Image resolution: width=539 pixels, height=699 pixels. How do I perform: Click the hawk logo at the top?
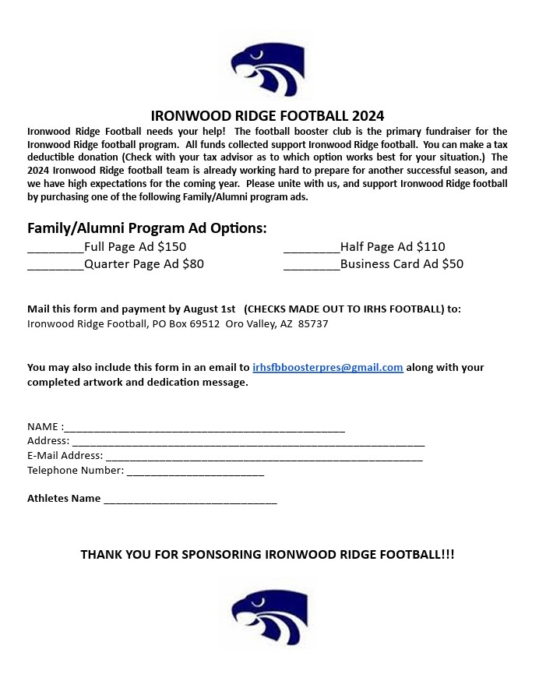(x=268, y=69)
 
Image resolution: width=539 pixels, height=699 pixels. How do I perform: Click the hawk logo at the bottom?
(x=268, y=617)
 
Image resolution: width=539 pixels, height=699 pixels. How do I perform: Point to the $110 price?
(x=431, y=247)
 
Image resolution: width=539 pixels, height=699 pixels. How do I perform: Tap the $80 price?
(x=192, y=264)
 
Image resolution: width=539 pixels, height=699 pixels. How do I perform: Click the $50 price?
(x=452, y=264)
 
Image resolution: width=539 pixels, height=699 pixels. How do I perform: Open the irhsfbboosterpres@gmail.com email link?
(x=327, y=367)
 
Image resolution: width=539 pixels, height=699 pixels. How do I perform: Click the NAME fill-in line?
(x=204, y=428)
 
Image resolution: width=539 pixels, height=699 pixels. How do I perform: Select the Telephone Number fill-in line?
(x=195, y=471)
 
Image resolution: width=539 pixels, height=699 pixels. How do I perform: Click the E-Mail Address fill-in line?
(x=264, y=457)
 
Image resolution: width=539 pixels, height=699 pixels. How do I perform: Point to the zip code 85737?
(x=313, y=323)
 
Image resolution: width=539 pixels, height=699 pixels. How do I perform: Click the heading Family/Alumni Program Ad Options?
(x=147, y=228)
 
